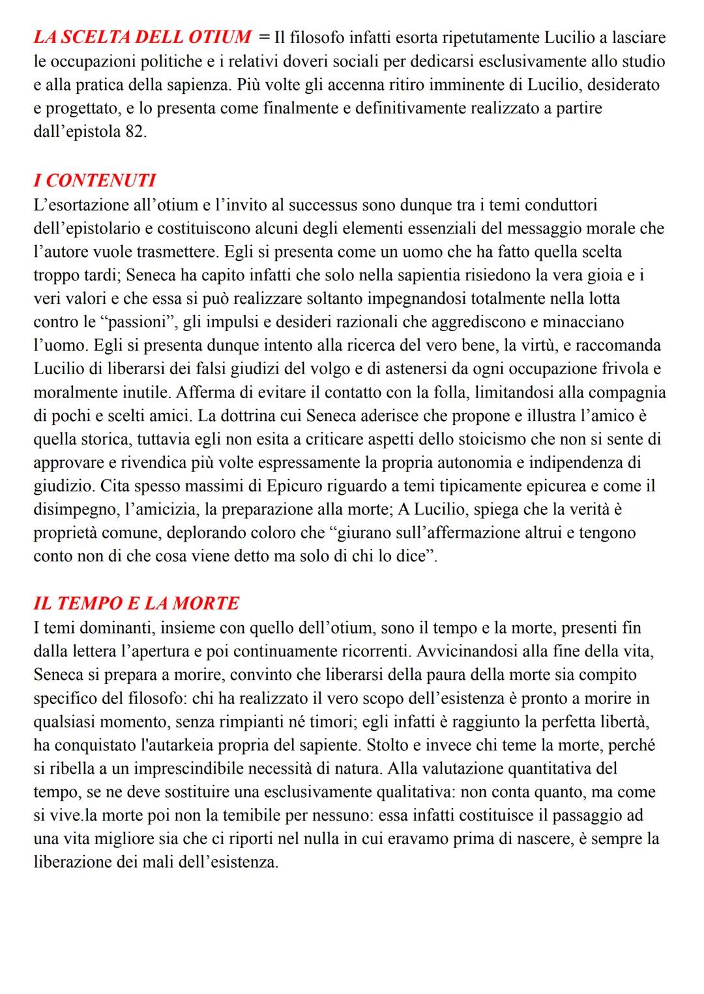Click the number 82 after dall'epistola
click(x=136, y=132)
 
